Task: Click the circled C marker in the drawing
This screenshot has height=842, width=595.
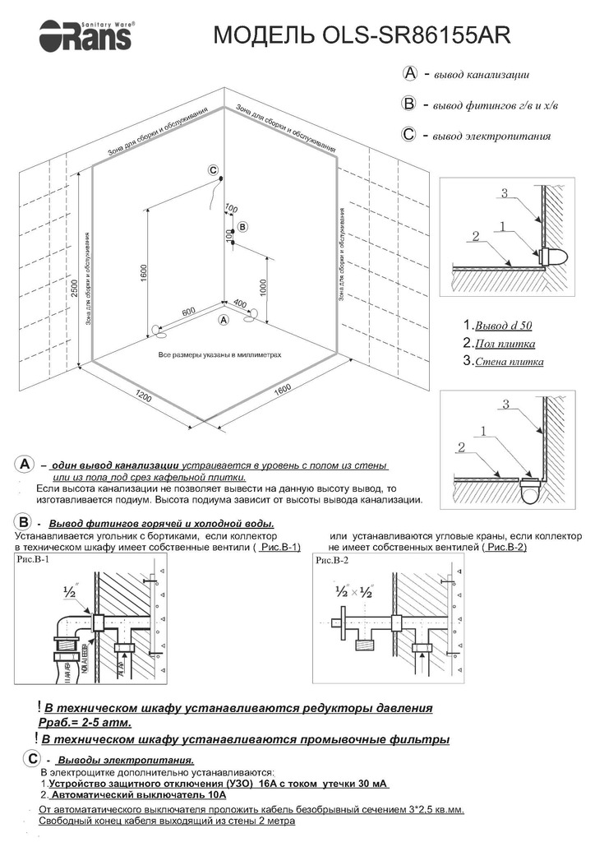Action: [213, 171]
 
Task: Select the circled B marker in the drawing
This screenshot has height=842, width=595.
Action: [242, 226]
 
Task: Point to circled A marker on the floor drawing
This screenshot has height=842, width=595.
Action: [224, 318]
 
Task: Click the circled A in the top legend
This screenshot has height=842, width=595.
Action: [411, 74]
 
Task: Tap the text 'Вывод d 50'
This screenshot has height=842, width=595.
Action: [504, 326]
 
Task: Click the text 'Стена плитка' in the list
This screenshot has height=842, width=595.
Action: [508, 361]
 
